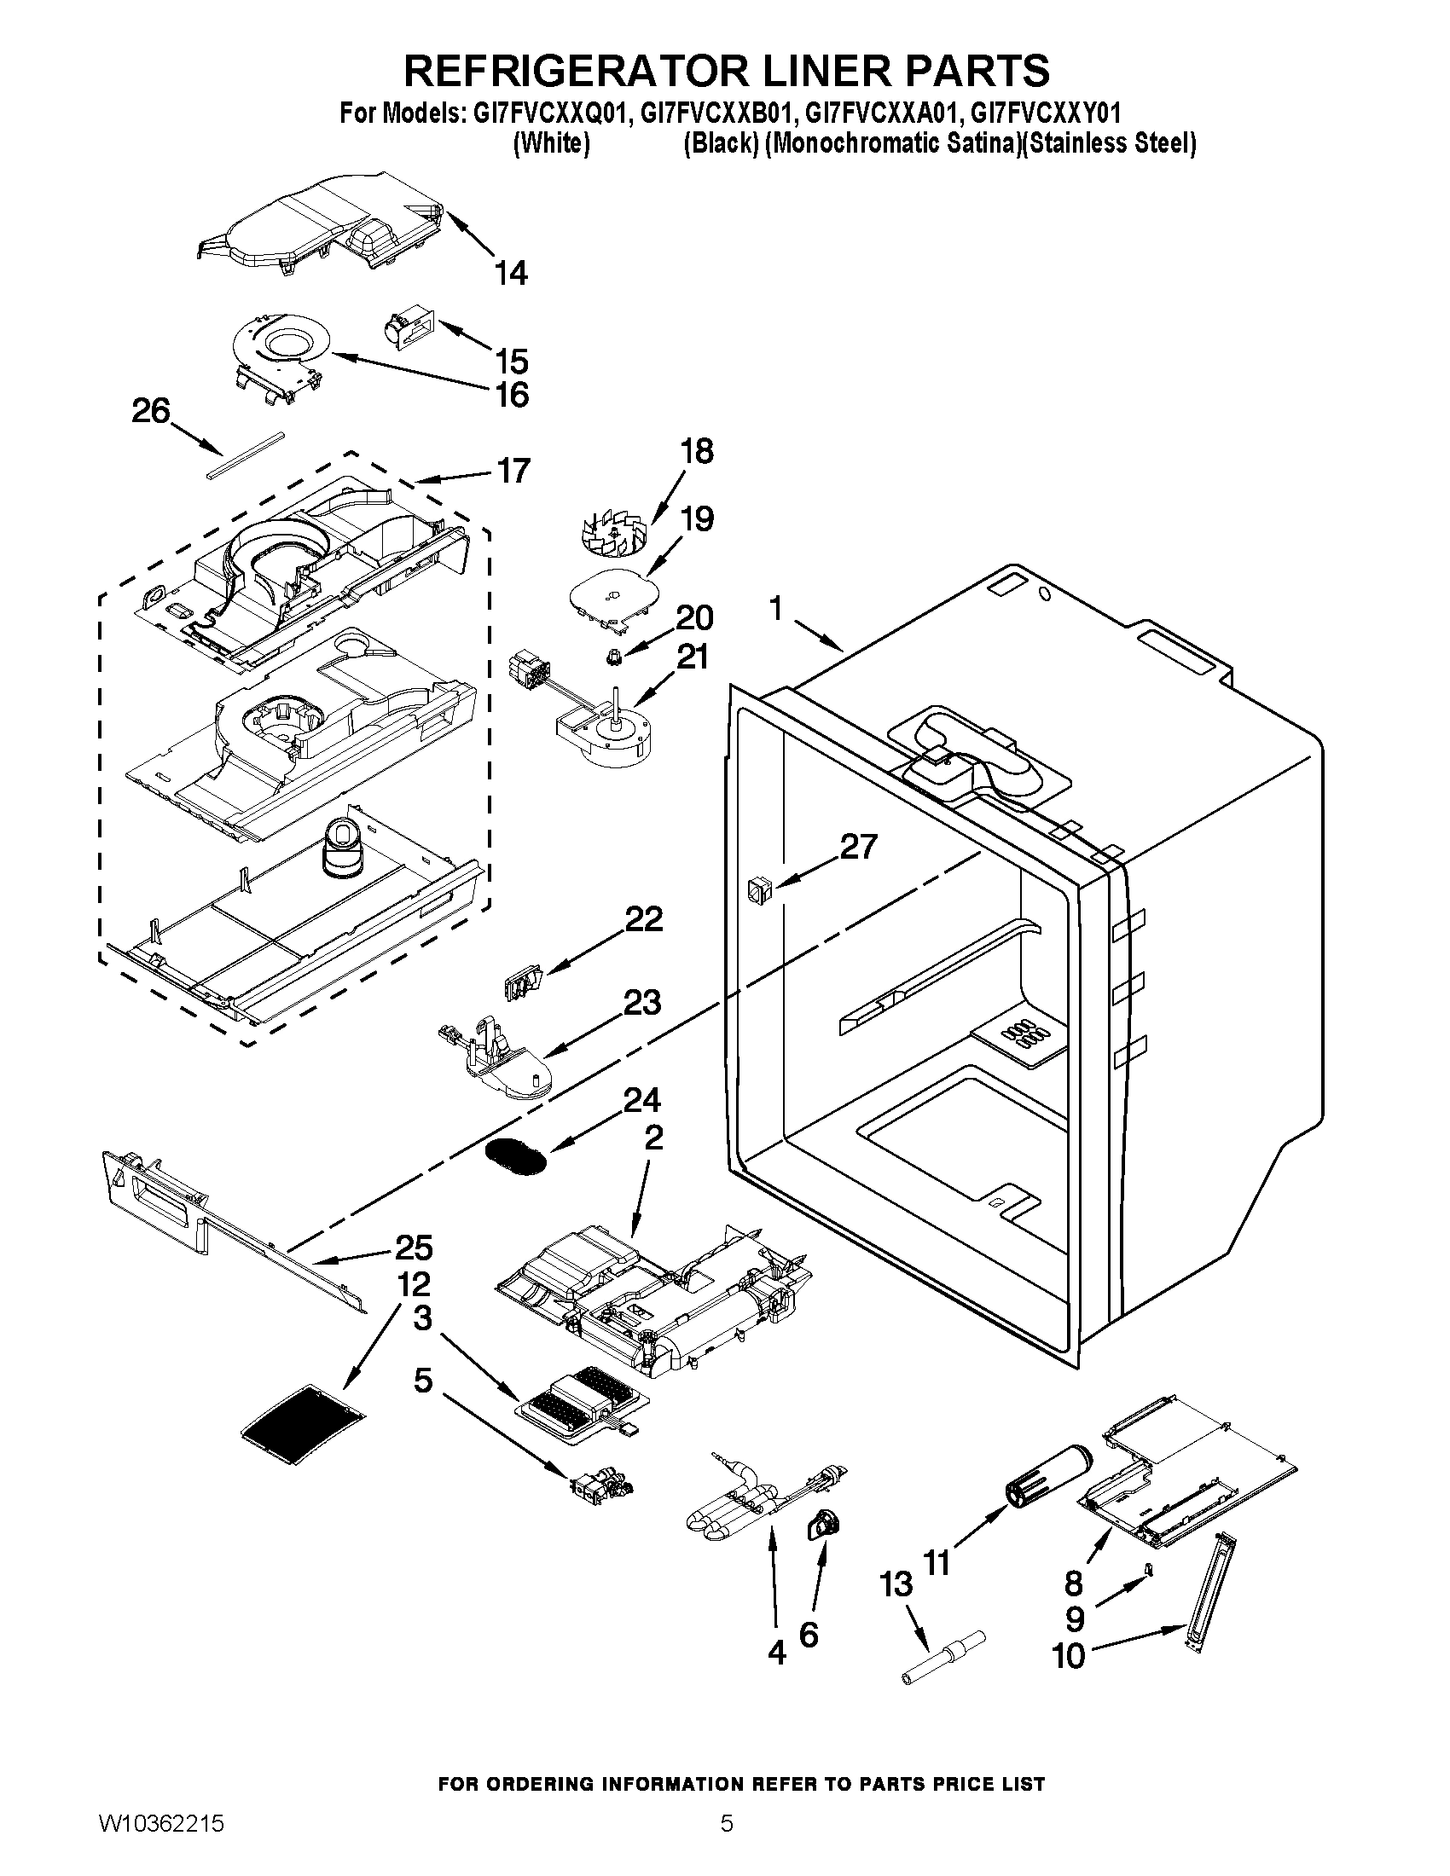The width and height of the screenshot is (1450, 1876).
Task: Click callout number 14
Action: click(x=511, y=273)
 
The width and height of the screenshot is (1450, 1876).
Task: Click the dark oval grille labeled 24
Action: click(x=515, y=1155)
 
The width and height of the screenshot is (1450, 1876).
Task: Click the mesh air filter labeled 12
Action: click(x=304, y=1422)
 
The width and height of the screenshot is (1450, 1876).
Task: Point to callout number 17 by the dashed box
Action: click(x=513, y=471)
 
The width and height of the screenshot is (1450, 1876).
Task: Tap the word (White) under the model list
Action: click(x=551, y=143)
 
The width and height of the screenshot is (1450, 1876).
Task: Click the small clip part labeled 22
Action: click(x=523, y=981)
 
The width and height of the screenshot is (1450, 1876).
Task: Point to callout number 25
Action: click(x=413, y=1248)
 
